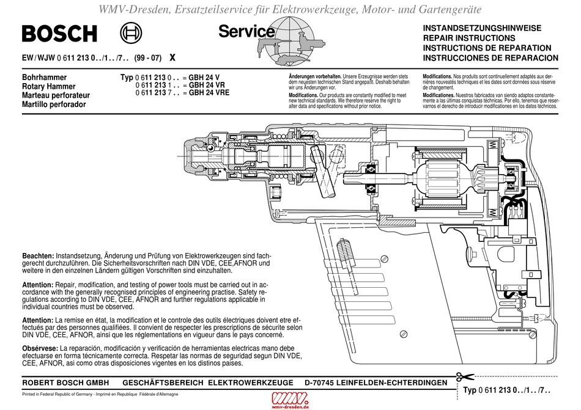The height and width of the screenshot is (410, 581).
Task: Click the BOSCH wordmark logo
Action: (x=59, y=33)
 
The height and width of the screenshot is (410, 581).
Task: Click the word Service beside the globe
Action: (x=246, y=31)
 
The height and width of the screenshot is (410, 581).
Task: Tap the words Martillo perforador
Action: (x=54, y=104)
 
